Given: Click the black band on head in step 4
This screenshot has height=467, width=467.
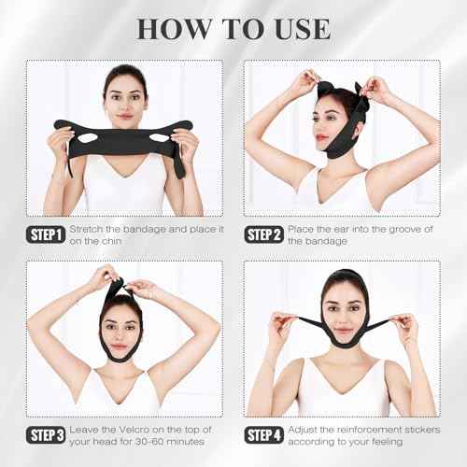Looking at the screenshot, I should click(x=340, y=278).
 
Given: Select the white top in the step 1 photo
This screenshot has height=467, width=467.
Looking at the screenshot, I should click(x=121, y=191).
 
